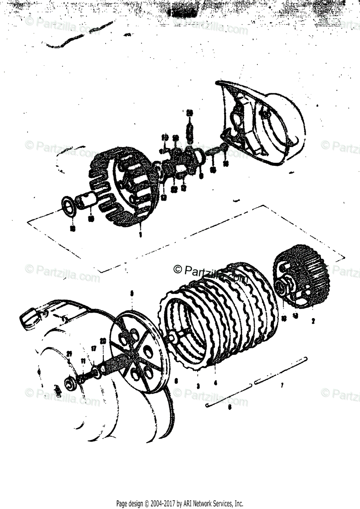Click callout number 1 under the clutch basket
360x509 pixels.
pyautogui.click(x=140, y=234)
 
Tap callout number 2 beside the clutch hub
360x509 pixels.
pyautogui.click(x=313, y=321)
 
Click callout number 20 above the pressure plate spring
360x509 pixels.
pyautogui.click(x=102, y=341)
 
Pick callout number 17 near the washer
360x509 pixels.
pyautogui.click(x=94, y=349)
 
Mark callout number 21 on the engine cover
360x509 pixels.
pyautogui.click(x=69, y=353)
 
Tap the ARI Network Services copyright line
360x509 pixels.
pyautogui.click(x=180, y=504)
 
